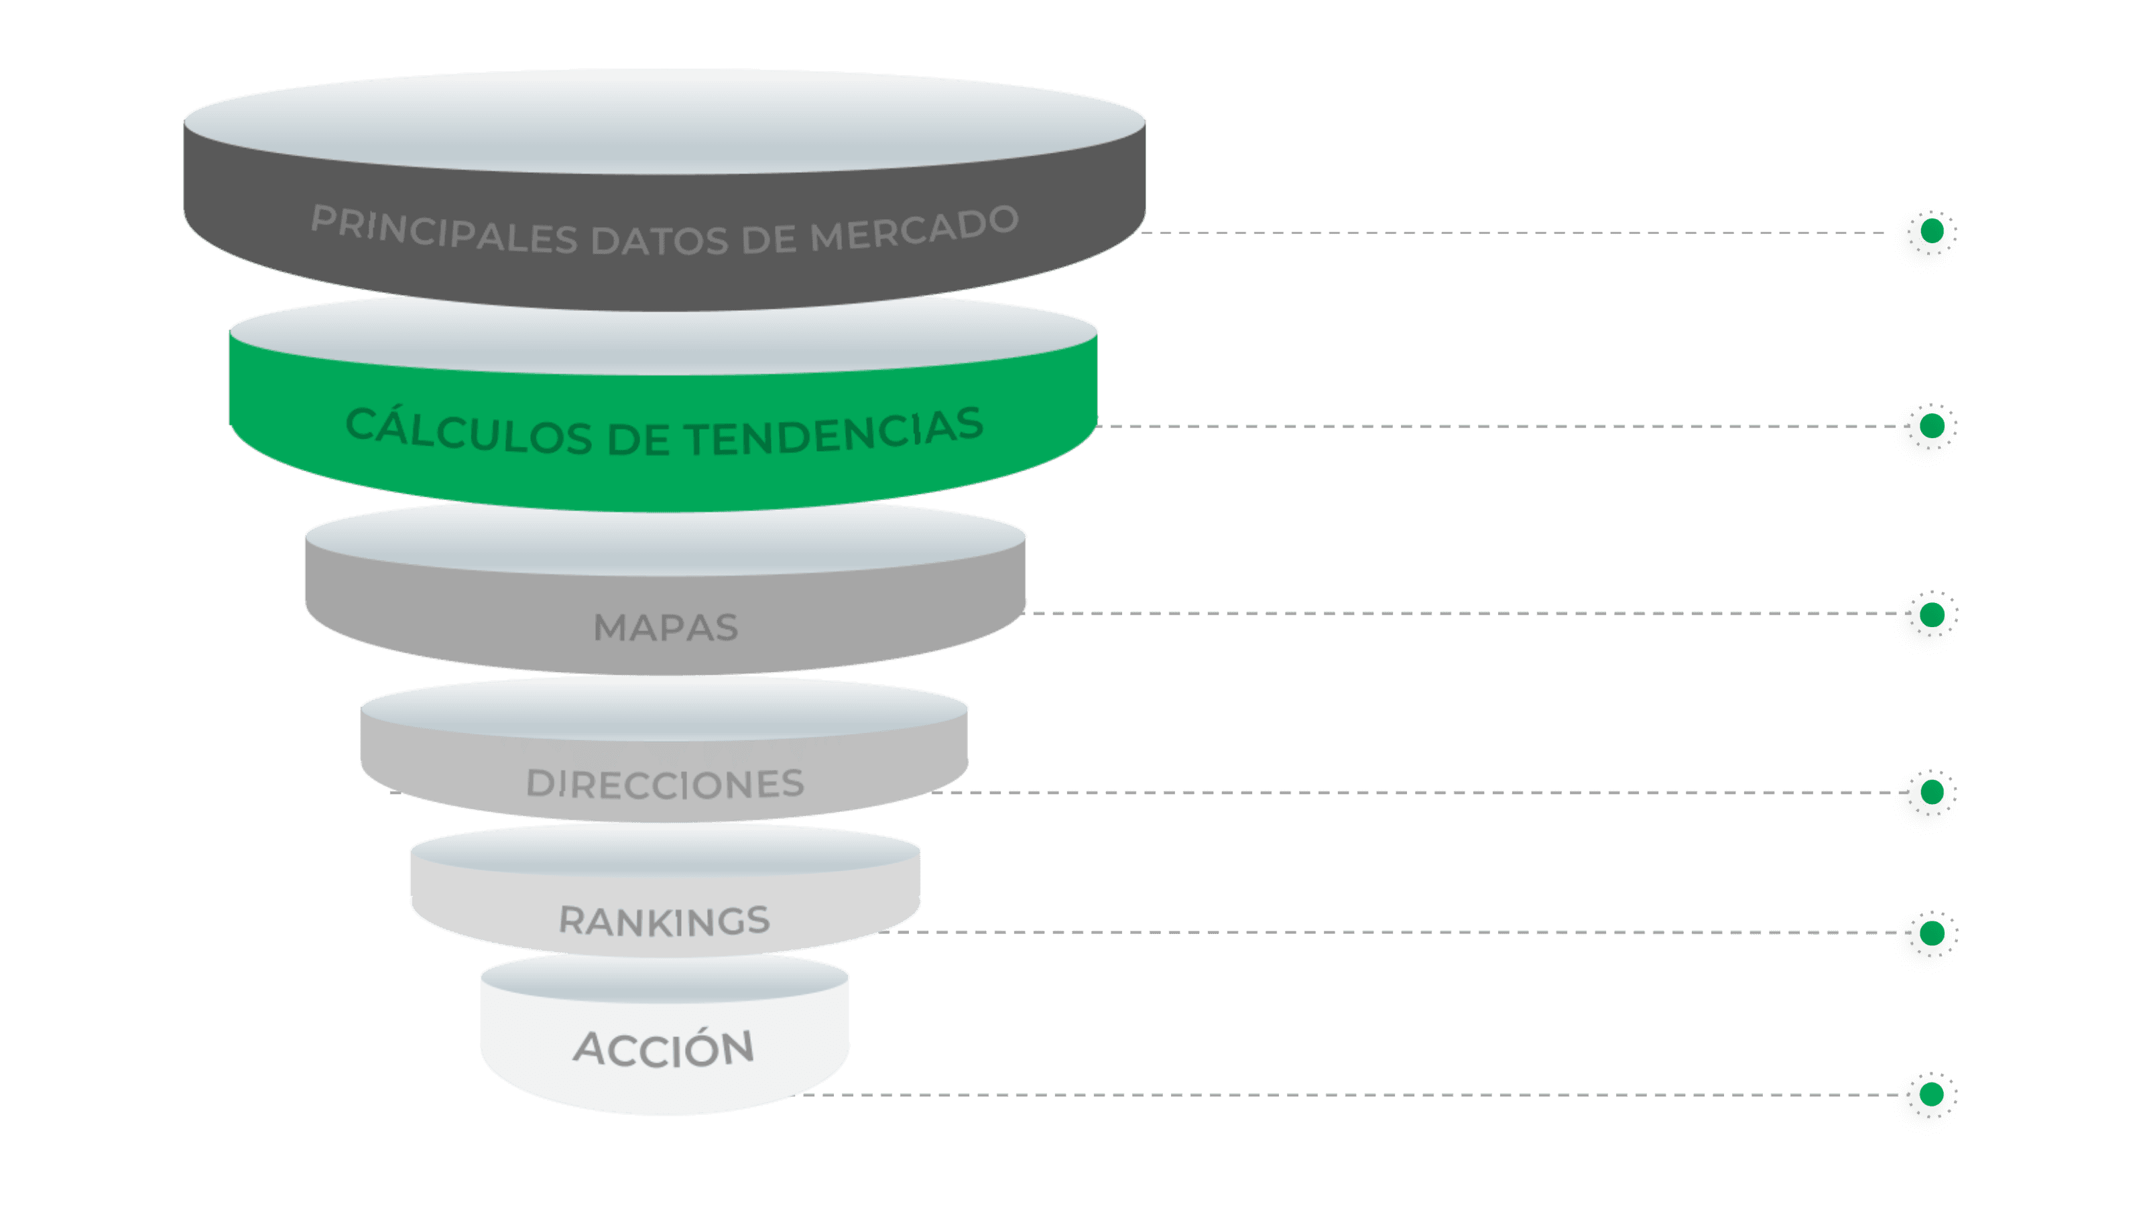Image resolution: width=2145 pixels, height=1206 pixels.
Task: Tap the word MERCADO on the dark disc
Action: point(914,229)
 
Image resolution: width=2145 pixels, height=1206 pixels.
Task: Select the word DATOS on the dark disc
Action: point(660,241)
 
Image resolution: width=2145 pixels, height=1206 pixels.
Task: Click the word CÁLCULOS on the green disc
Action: point(468,431)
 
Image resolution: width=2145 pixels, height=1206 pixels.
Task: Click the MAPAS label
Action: point(666,628)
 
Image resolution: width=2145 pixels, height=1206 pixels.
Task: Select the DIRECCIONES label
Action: point(666,783)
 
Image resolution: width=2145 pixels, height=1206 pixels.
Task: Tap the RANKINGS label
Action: point(664,921)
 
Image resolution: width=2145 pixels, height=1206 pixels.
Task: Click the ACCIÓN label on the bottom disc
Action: point(664,1048)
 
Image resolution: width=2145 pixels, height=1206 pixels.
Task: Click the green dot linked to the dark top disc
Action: point(1931,232)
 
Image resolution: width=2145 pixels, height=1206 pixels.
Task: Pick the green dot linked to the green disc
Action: point(1931,426)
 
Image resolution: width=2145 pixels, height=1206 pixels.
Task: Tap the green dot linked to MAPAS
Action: point(1931,615)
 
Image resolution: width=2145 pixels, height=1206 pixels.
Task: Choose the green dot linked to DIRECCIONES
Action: point(1931,793)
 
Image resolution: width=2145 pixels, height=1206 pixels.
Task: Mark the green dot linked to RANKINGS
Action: point(1931,933)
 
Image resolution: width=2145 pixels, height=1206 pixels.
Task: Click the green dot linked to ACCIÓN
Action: point(1931,1095)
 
